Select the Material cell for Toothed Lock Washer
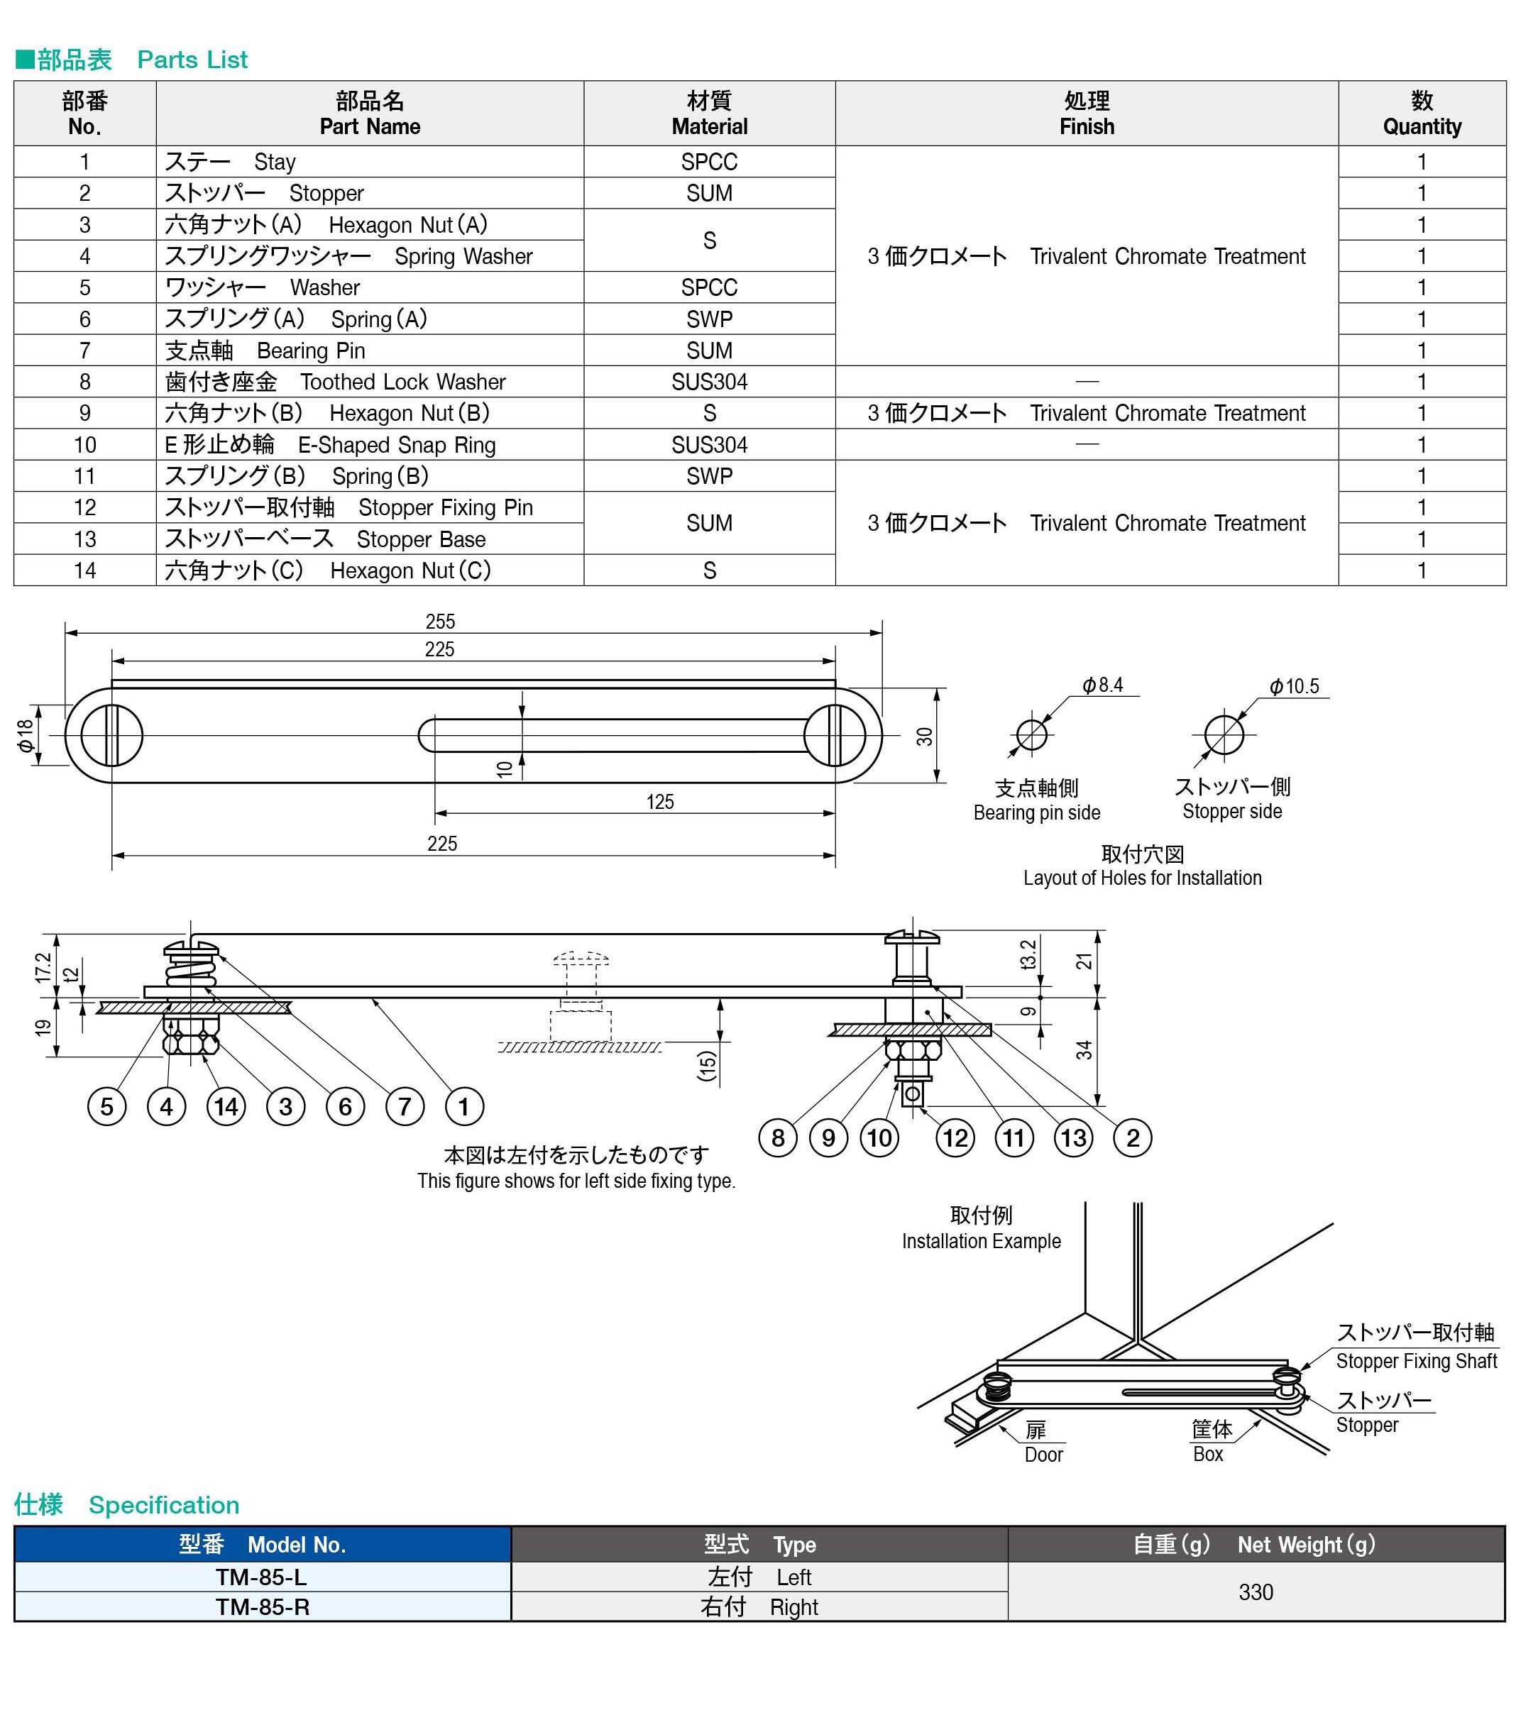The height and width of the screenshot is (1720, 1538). click(709, 382)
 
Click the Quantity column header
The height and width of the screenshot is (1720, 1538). click(1422, 114)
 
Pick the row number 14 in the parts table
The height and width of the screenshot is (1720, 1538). click(84, 570)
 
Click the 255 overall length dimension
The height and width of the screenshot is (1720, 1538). click(439, 622)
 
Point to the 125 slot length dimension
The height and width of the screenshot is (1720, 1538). click(660, 802)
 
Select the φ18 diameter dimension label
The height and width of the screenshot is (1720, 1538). click(26, 735)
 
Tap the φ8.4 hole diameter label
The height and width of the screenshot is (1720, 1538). click(1103, 685)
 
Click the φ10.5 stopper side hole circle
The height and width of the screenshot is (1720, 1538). click(1223, 734)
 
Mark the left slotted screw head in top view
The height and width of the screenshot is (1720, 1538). click(111, 735)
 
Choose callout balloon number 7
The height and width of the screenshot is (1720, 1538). click(404, 1107)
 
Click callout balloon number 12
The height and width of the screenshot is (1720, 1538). click(955, 1138)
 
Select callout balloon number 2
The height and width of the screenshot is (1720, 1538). click(1132, 1138)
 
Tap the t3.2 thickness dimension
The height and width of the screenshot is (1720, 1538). click(1028, 954)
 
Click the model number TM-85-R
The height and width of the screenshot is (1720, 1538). click(262, 1606)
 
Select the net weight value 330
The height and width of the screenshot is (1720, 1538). click(1255, 1592)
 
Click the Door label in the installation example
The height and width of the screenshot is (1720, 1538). click(1043, 1455)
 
